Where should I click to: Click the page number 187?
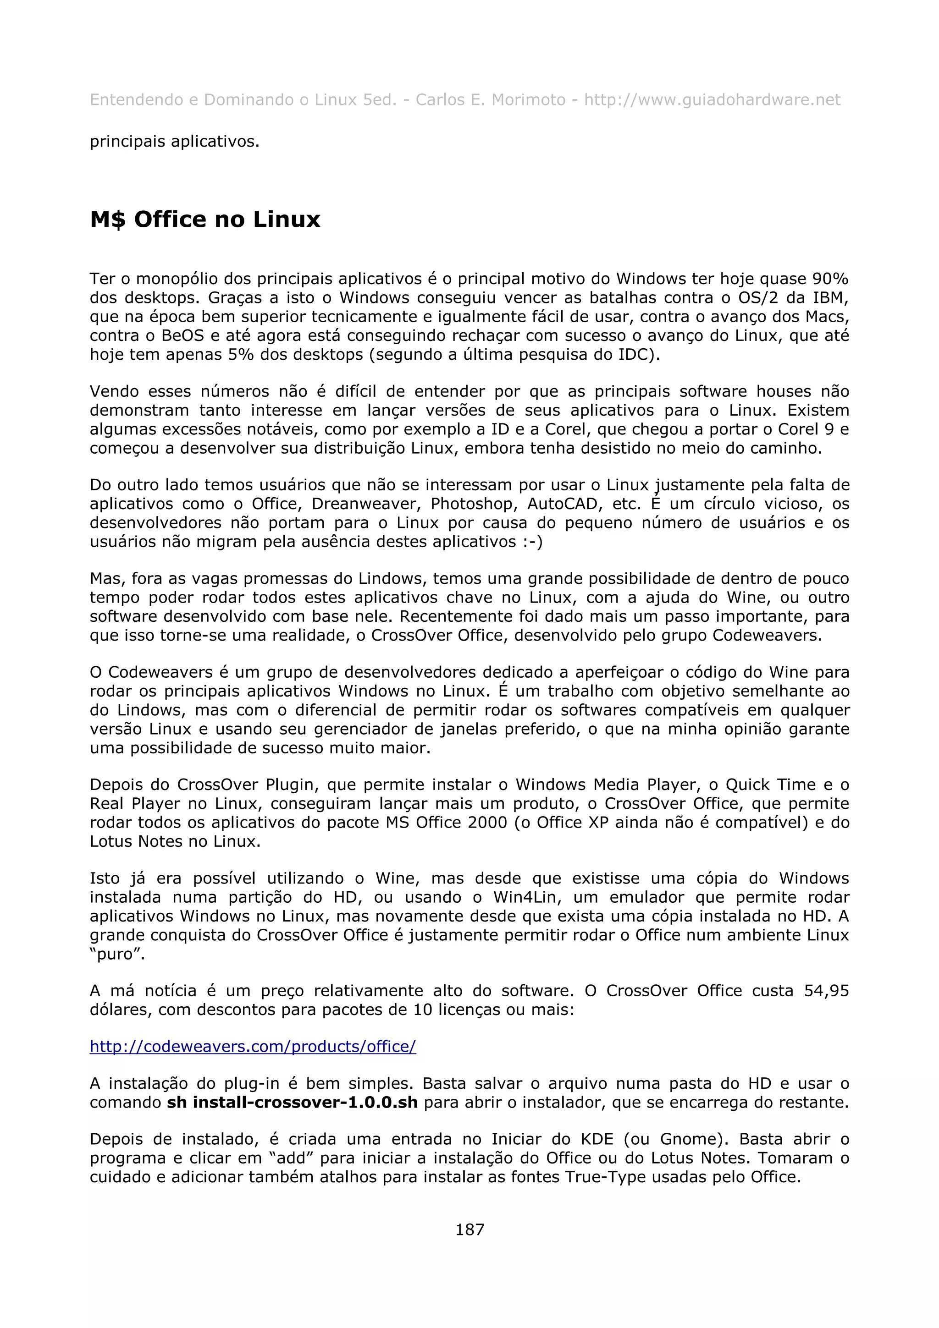coord(469,1229)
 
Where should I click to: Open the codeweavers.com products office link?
coord(253,1046)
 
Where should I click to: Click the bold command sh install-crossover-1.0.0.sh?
coord(292,1103)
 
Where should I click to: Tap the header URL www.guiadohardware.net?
coord(712,100)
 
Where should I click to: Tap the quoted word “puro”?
coord(117,954)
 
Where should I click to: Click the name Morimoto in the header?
coord(528,100)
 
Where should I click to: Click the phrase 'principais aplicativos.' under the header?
coord(174,142)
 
